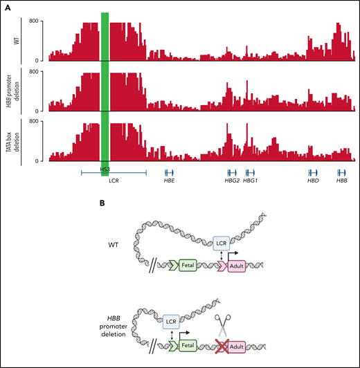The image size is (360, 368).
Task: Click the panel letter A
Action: coord(7,6)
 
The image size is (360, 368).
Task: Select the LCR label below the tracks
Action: coord(115,181)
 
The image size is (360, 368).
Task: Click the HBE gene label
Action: coord(169,181)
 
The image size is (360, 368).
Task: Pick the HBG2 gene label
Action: coord(232,181)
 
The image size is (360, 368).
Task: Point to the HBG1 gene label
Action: coord(251,181)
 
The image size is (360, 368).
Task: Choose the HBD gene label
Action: coord(313,181)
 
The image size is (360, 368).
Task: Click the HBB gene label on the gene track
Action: coord(341,181)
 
